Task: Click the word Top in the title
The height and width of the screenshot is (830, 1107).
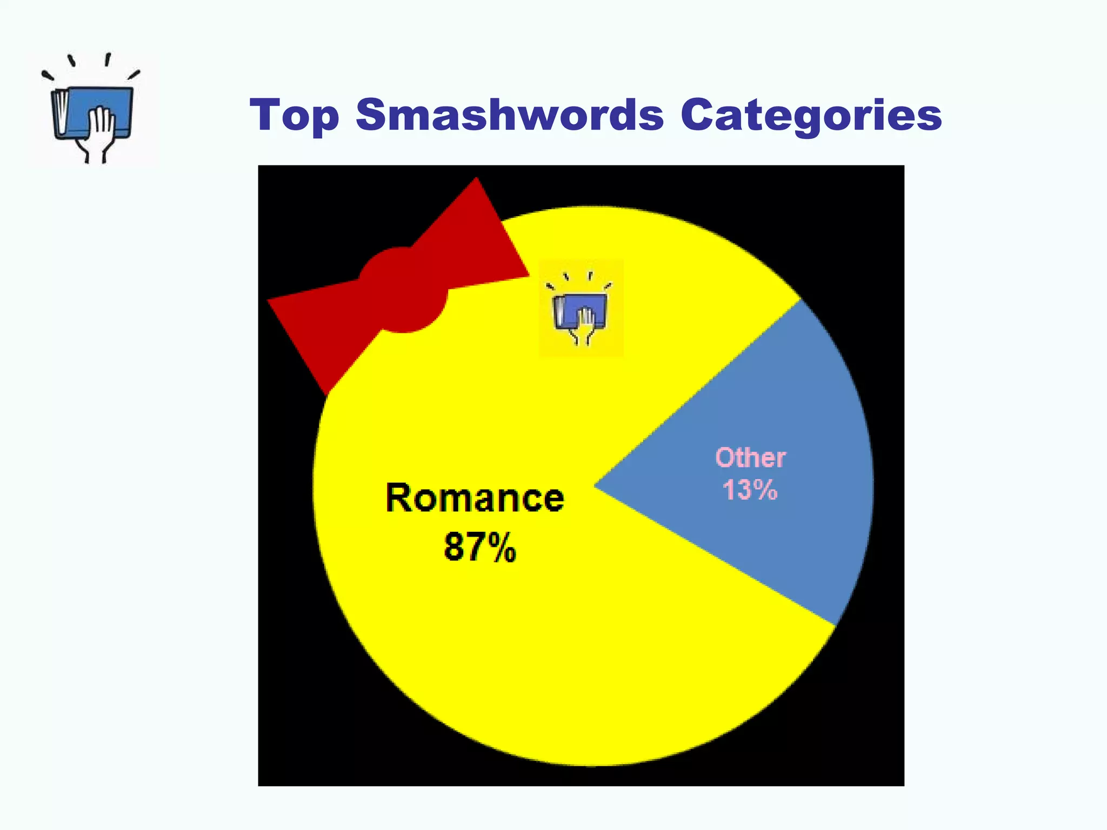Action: coord(295,115)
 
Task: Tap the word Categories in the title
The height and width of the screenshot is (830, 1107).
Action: coord(811,115)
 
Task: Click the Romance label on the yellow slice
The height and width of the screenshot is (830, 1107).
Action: coord(475,498)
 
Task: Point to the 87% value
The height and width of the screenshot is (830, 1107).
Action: coord(479,547)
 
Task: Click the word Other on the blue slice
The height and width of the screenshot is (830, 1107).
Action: coord(750,458)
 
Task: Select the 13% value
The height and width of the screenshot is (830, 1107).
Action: coord(750,490)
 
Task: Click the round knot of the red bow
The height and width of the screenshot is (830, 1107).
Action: coord(403,290)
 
